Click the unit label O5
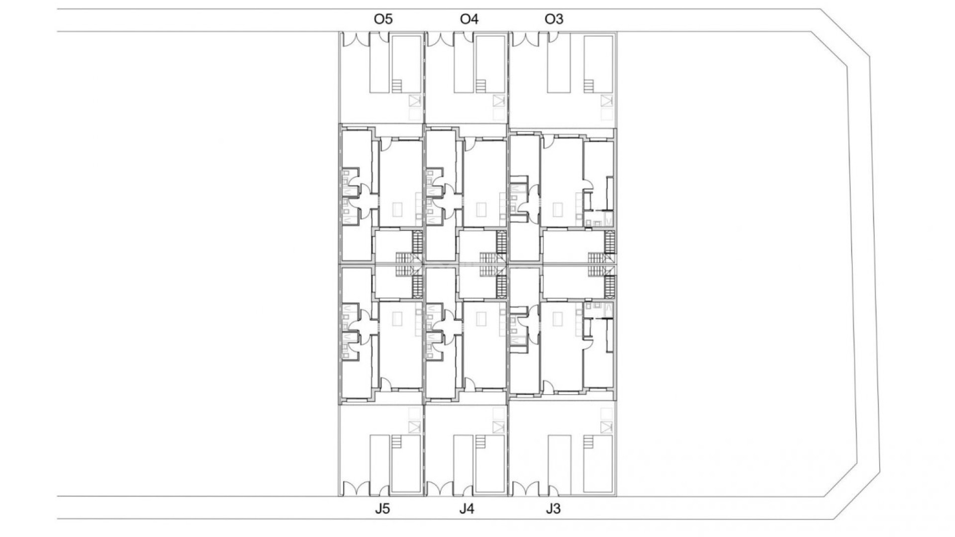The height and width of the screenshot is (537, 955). pos(383,19)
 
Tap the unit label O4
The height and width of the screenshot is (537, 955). pos(469,19)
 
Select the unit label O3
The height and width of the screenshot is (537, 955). pos(554,19)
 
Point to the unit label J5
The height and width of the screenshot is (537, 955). pos(382,509)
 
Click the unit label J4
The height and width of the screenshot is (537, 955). pos(467,509)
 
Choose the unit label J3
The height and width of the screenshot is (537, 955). pos(553,509)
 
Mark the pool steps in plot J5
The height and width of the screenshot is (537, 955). pos(396,441)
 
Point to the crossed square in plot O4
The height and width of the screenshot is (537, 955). pos(498,101)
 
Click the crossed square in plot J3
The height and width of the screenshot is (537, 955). pos(606,427)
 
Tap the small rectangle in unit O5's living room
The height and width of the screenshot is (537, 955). pos(397,209)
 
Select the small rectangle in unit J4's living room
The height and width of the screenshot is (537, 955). pos(481,318)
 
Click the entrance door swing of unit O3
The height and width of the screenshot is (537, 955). pos(549,142)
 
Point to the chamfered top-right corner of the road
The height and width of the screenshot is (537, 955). pos(846,35)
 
